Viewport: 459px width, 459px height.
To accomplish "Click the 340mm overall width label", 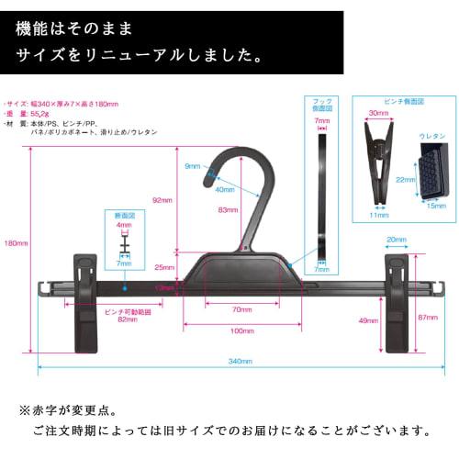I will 240,361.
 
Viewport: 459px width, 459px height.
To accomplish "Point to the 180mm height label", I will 17,242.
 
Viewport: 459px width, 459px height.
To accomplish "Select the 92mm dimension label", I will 163,199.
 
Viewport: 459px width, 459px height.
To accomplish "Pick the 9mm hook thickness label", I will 191,167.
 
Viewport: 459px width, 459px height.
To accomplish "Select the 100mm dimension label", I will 242,330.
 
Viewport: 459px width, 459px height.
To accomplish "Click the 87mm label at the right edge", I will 428,317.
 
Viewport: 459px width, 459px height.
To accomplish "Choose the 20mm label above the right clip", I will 397,240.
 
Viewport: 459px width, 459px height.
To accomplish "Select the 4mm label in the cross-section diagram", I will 124,224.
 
